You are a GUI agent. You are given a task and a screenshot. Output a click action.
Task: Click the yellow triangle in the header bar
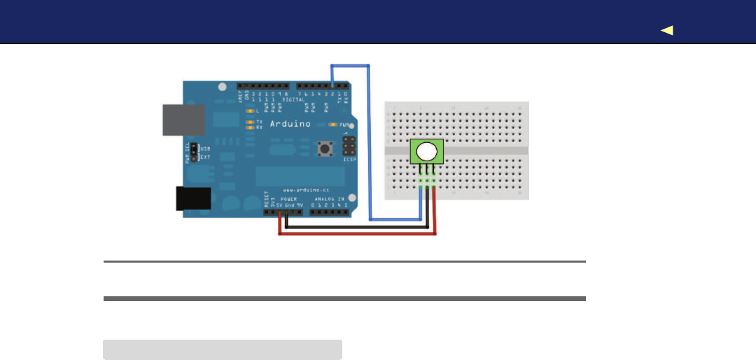tap(666, 30)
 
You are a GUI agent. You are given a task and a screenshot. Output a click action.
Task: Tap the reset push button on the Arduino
tap(325, 148)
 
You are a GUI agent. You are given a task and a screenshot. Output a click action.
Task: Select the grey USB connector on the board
tap(183, 120)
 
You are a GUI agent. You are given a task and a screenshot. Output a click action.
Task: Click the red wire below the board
tap(357, 235)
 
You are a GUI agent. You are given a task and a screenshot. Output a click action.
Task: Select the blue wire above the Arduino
tap(351, 65)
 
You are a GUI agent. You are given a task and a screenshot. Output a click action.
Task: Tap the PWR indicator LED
tap(334, 125)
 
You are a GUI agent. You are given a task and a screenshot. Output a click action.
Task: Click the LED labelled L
tap(249, 111)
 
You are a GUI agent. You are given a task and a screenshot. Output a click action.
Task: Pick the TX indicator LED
tap(249, 121)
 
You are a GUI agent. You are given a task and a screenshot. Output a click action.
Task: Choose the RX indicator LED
tap(249, 127)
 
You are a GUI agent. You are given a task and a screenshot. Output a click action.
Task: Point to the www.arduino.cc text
tap(302, 190)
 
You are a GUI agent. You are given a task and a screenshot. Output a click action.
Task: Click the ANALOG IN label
tap(329, 199)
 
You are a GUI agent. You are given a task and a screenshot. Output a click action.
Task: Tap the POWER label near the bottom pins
tap(289, 199)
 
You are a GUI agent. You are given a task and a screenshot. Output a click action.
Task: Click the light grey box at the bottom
tap(223, 349)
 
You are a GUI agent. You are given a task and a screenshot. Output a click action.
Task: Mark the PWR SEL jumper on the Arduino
tap(195, 153)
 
